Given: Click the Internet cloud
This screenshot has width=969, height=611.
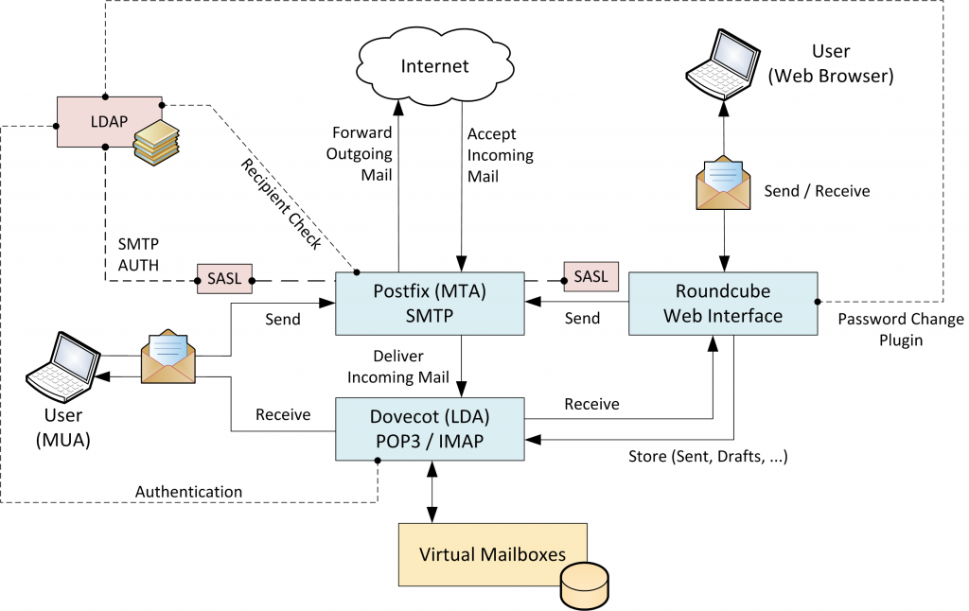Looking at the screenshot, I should tap(433, 65).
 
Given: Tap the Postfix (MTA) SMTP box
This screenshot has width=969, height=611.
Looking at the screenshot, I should tap(430, 303).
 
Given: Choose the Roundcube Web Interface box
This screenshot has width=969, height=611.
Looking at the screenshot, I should tap(722, 303).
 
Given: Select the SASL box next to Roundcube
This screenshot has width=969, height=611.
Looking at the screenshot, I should tap(591, 276).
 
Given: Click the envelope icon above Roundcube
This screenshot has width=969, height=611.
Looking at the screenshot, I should tap(725, 182).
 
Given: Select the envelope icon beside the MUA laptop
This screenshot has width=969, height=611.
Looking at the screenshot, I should tap(167, 357).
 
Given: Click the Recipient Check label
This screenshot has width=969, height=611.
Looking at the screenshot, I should tap(281, 204).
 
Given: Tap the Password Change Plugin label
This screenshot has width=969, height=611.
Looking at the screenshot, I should tap(900, 329).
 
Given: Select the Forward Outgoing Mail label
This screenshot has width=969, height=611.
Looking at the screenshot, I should tap(361, 153).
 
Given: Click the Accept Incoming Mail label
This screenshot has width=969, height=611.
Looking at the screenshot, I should tap(500, 154).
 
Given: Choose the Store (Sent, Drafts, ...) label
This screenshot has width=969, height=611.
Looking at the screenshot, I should tap(709, 458).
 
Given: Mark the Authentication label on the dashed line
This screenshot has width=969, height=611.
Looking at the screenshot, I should tap(188, 492).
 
